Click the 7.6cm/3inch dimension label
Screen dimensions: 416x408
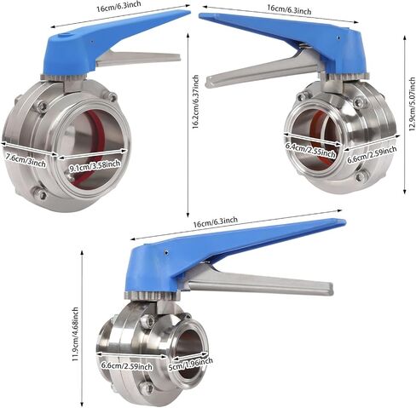[26, 164]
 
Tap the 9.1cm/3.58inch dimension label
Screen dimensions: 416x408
[95, 166]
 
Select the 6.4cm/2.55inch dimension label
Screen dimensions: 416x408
[310, 151]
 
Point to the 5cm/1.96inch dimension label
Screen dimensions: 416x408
[191, 365]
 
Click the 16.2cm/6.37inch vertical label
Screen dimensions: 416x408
[195, 102]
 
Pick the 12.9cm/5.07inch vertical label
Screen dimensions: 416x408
[413, 104]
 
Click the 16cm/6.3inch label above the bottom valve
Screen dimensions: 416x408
[215, 222]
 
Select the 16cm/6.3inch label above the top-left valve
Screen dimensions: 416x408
[118, 6]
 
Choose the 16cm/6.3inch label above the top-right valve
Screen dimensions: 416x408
[289, 9]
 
